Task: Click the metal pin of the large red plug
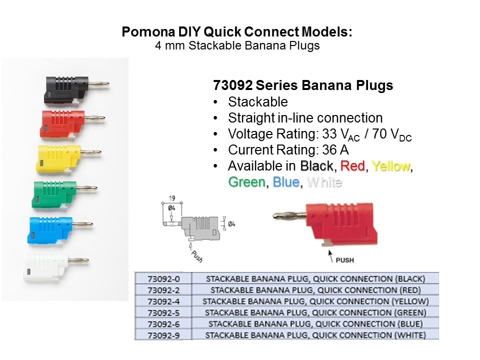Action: pyautogui.click(x=289, y=216)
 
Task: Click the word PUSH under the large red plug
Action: pyautogui.click(x=344, y=260)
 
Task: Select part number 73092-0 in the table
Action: pyautogui.click(x=163, y=279)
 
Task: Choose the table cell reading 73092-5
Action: pyautogui.click(x=163, y=313)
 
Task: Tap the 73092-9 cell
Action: pyautogui.click(x=163, y=335)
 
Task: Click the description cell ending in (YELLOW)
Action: pyautogui.click(x=315, y=301)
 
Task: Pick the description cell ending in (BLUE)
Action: pyautogui.click(x=315, y=324)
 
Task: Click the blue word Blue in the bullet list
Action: pyautogui.click(x=286, y=182)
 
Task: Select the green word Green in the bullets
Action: pyautogui.click(x=246, y=182)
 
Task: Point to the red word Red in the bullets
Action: pyautogui.click(x=352, y=166)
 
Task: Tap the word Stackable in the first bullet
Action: pyautogui.click(x=258, y=102)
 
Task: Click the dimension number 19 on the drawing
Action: pyautogui.click(x=172, y=198)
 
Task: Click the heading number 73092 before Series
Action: pyautogui.click(x=232, y=85)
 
